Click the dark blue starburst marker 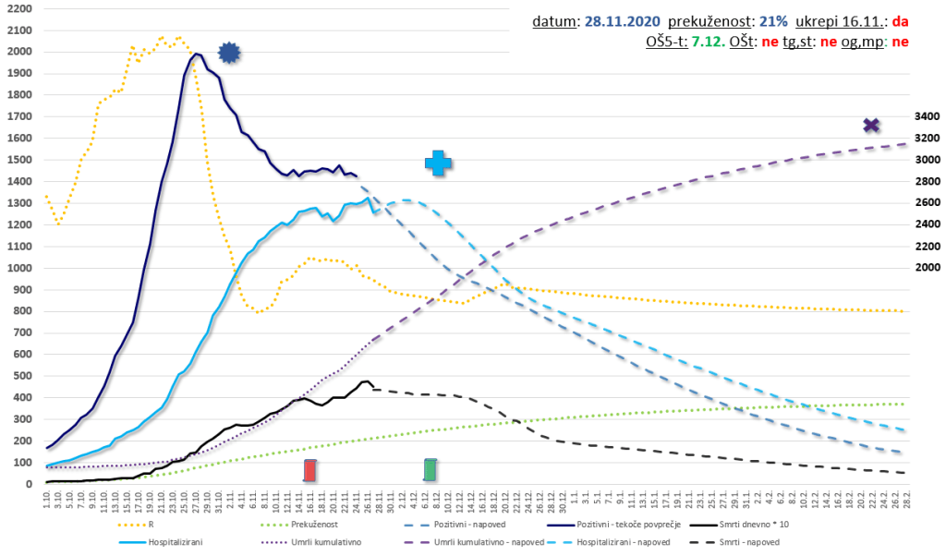pos(229,54)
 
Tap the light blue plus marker pos(439,163)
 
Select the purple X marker pos(870,126)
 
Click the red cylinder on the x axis pos(310,471)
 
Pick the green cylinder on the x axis pos(431,470)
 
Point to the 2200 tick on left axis pos(18,9)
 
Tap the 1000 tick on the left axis pos(18,268)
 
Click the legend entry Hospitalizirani pos(175,542)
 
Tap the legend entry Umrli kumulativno pos(319,542)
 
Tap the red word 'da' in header pos(902,21)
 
